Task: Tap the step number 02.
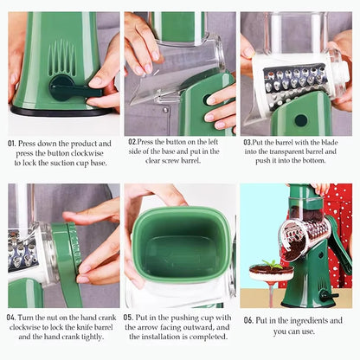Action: pos(132,141)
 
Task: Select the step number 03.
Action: pos(248,141)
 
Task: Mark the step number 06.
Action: pos(248,320)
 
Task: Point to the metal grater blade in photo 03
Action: pos(290,82)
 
